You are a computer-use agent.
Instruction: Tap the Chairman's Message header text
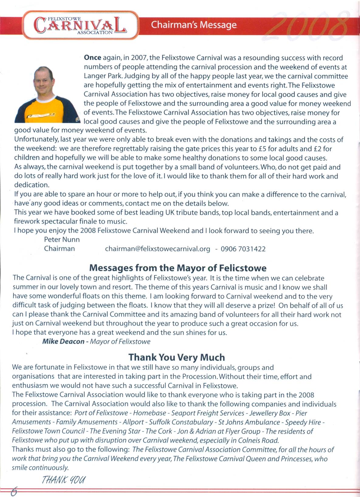[x=194, y=25]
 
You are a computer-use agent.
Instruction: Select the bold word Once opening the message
[x=92, y=58]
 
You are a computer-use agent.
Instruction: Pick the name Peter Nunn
[x=62, y=240]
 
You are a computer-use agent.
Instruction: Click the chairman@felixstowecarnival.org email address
[x=157, y=249]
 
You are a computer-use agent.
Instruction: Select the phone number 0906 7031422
[x=243, y=249]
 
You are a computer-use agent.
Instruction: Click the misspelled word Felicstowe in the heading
[x=243, y=268]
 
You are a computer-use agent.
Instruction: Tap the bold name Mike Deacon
[x=63, y=342]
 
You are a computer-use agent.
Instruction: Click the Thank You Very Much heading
[x=177, y=357]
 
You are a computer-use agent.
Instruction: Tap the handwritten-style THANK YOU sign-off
[x=63, y=480]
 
